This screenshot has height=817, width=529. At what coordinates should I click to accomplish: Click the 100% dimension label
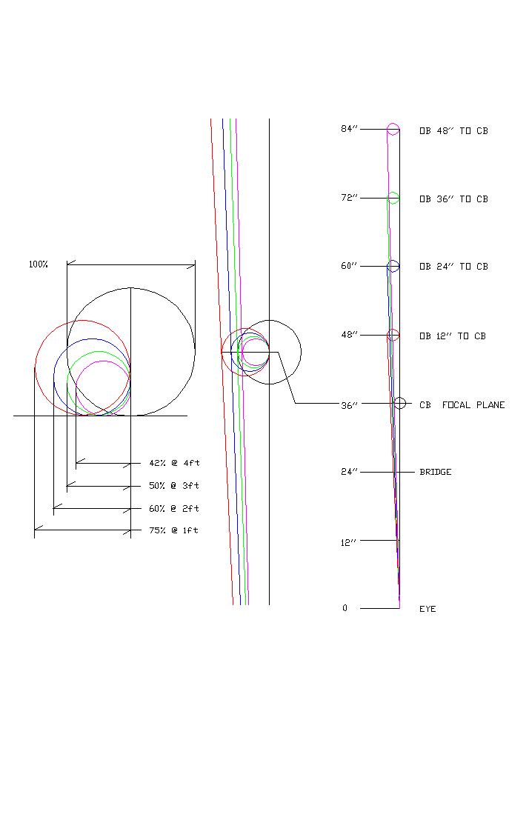click(x=38, y=264)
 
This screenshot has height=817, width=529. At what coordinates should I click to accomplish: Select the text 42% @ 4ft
click(x=174, y=463)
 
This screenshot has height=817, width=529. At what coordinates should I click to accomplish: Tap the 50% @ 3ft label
click(x=174, y=486)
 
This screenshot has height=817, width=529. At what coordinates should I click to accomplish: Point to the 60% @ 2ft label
click(x=174, y=509)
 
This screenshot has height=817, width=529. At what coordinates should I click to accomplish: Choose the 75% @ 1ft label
click(x=173, y=530)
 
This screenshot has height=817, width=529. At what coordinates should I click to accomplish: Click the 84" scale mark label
click(x=349, y=129)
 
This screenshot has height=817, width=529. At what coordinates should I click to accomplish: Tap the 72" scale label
click(x=349, y=198)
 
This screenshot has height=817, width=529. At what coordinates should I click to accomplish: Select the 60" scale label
click(x=349, y=266)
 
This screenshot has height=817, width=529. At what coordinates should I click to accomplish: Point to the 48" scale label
click(x=349, y=335)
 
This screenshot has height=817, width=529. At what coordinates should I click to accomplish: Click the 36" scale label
click(x=349, y=405)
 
